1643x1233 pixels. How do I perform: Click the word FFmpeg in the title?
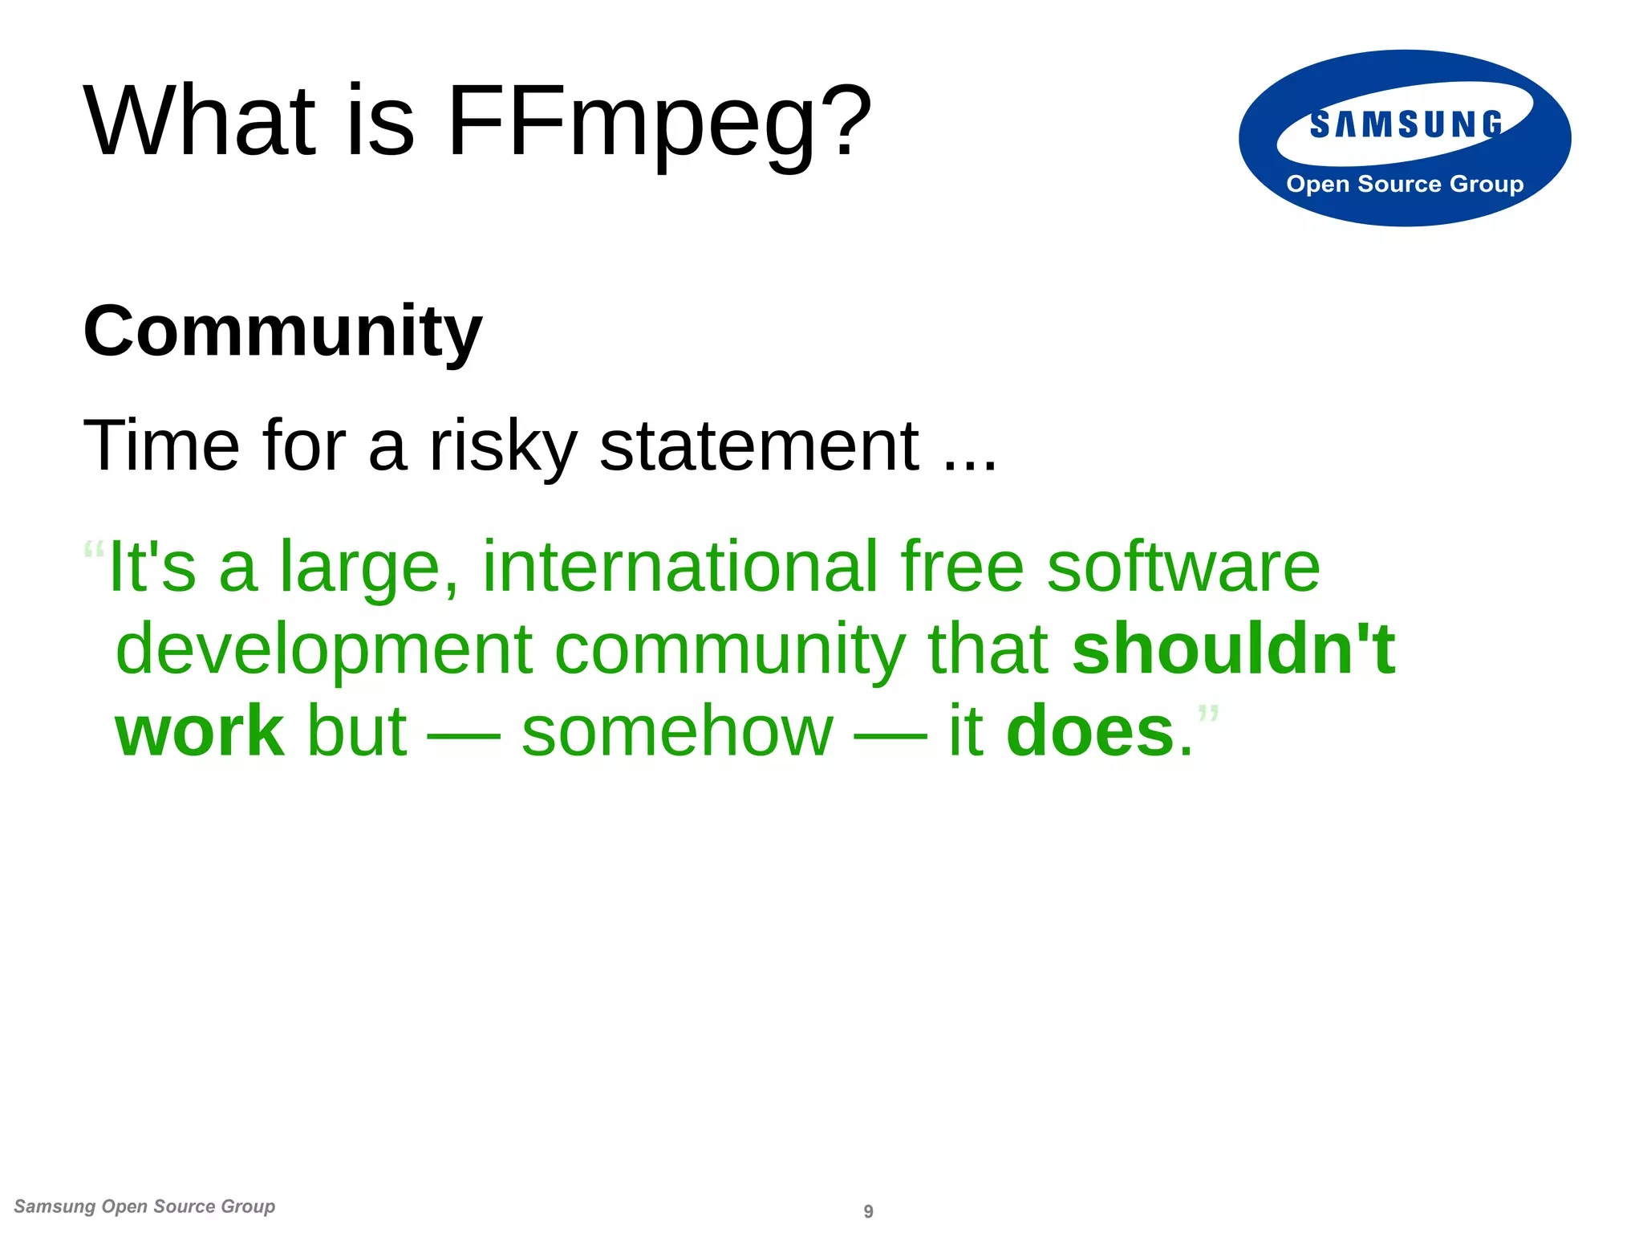click(x=631, y=123)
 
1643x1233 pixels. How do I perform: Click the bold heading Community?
click(x=282, y=331)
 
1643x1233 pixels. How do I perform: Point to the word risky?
click(x=503, y=446)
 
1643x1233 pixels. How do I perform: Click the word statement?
click(x=759, y=446)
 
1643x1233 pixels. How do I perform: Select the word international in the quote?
click(x=680, y=567)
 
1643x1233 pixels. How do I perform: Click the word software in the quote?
click(x=1183, y=567)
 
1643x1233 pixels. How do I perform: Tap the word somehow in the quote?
click(x=677, y=732)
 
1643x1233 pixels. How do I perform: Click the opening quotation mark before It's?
click(x=94, y=551)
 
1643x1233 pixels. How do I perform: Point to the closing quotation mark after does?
click(x=1208, y=713)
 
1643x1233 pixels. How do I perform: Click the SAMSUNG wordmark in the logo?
click(x=1406, y=124)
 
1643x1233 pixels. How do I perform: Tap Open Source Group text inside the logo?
click(x=1405, y=185)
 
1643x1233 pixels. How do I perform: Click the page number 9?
click(x=868, y=1211)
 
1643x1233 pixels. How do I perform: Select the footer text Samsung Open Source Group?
click(x=144, y=1207)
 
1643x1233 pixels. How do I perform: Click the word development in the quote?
click(x=324, y=650)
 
